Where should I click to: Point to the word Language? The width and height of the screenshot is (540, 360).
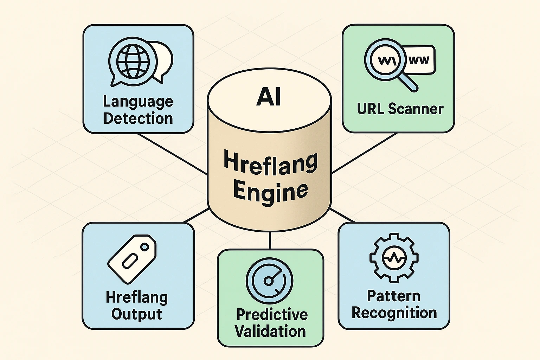[138, 102]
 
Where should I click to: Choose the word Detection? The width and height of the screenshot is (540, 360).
[138, 118]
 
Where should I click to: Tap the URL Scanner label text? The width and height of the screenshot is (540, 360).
[400, 109]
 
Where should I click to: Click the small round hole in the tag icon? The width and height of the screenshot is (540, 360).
[144, 247]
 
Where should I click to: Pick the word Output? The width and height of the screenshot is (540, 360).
[136, 314]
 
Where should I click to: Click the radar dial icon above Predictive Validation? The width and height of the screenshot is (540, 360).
[269, 279]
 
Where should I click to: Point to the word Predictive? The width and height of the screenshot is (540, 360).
[272, 314]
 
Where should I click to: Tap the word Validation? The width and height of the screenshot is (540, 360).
[270, 331]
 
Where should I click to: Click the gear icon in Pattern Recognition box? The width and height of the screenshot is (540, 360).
[394, 258]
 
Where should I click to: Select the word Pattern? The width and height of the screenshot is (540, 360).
[394, 296]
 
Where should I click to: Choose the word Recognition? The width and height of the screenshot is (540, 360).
[394, 313]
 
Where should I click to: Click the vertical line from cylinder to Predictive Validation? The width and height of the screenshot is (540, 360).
[270, 241]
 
